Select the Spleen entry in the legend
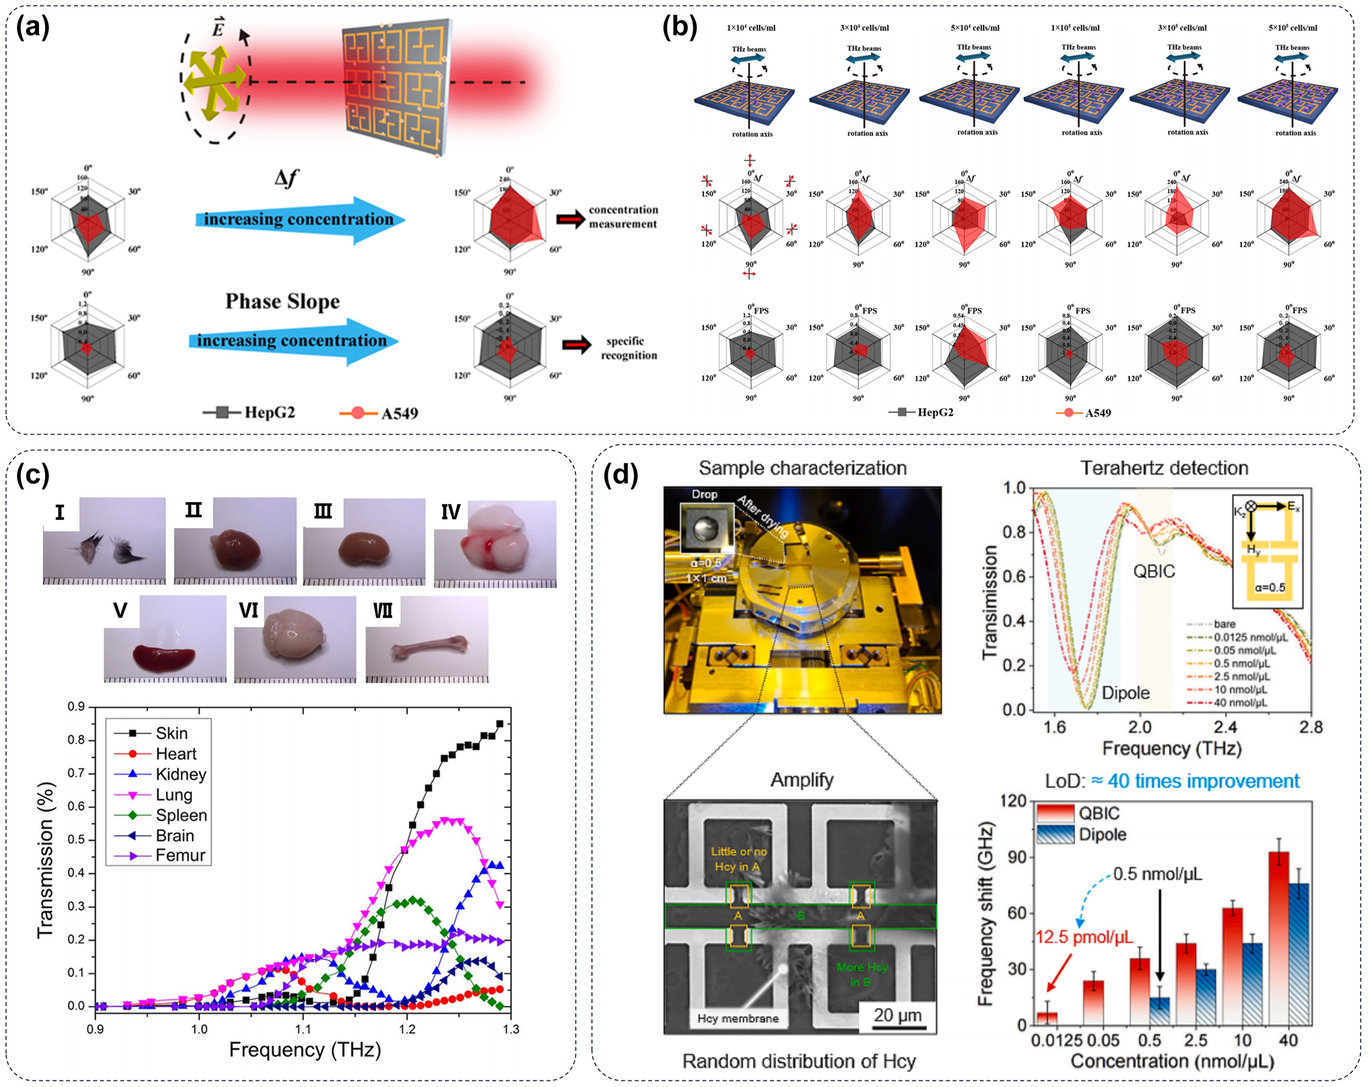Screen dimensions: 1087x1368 click(x=180, y=815)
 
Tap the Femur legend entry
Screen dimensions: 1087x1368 click(x=180, y=855)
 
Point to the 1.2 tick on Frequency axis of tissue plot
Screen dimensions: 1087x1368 click(x=407, y=1028)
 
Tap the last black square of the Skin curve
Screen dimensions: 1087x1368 click(x=500, y=724)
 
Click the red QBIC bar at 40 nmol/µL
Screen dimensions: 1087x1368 click(x=1278, y=937)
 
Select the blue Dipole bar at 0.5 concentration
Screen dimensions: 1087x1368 click(x=1159, y=1010)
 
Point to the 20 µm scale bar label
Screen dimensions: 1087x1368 click(x=897, y=1015)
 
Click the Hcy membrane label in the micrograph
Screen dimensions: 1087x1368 click(x=738, y=1019)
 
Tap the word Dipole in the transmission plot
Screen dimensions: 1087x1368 click(x=1125, y=693)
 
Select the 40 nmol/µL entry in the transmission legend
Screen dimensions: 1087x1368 click(x=1240, y=703)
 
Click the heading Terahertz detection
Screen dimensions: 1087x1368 click(x=1164, y=468)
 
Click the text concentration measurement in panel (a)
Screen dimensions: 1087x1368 click(x=623, y=217)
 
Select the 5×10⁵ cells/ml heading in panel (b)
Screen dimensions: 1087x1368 click(x=1292, y=28)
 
